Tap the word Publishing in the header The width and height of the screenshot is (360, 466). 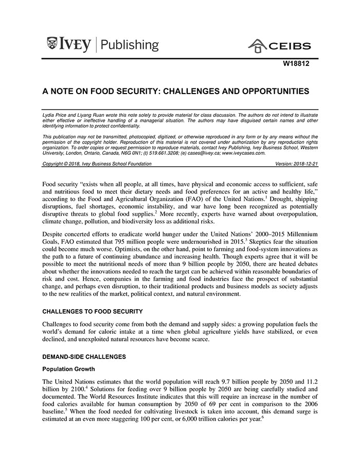(130, 45)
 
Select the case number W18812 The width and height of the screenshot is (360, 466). (297, 65)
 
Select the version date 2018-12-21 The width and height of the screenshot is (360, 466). (305, 164)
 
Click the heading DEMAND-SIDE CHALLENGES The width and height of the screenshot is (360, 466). (84, 356)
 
